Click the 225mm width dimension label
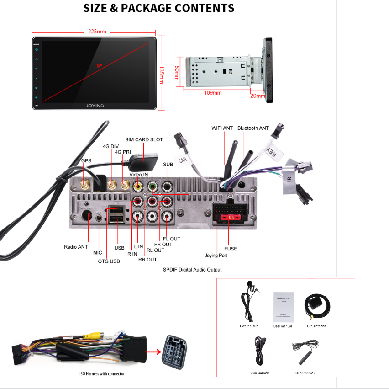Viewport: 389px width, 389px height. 97,32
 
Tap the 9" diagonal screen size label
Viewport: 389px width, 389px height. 100,66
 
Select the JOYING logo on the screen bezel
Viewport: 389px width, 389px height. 95,106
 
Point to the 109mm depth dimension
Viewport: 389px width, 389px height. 212,92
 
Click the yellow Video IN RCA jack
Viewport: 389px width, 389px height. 137,186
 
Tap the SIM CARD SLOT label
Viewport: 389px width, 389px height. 144,139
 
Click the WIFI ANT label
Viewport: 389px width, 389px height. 222,128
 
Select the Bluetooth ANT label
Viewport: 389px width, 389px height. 253,128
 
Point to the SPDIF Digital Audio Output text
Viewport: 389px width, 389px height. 192,270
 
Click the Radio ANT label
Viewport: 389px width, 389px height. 76,247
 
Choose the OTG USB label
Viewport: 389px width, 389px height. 108,261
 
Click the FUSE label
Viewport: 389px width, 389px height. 231,249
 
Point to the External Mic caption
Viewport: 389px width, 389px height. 249,326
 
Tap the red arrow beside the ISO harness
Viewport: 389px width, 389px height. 152,352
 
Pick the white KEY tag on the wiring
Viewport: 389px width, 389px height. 271,153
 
